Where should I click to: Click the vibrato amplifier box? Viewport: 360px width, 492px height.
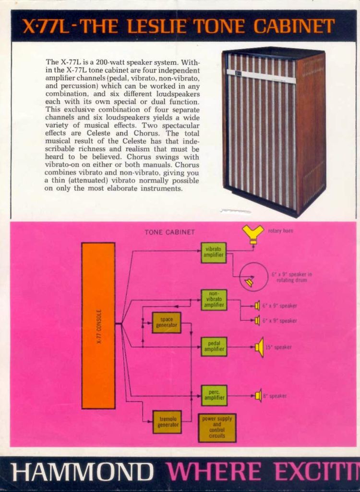pyautogui.click(x=213, y=252)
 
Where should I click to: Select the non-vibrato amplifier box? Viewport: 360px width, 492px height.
pyautogui.click(x=214, y=300)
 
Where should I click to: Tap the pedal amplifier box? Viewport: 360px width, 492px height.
pyautogui.click(x=214, y=346)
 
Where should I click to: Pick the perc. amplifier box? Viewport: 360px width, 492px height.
pyautogui.click(x=214, y=395)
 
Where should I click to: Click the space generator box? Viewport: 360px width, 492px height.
pyautogui.click(x=167, y=322)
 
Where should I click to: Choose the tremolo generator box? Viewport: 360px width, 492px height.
pyautogui.click(x=167, y=422)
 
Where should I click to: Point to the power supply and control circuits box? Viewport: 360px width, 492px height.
pyautogui.click(x=217, y=428)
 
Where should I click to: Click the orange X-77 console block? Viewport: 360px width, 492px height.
pyautogui.click(x=98, y=325)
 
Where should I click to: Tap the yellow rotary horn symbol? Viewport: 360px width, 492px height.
pyautogui.click(x=253, y=233)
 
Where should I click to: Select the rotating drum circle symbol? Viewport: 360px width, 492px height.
pyautogui.click(x=253, y=277)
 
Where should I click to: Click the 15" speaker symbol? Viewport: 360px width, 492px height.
pyautogui.click(x=260, y=347)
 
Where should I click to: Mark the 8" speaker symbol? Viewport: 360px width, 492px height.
pyautogui.click(x=258, y=395)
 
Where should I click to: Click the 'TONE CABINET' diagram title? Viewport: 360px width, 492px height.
pyautogui.click(x=170, y=232)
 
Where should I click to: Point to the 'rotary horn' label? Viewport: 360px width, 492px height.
pyautogui.click(x=280, y=231)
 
